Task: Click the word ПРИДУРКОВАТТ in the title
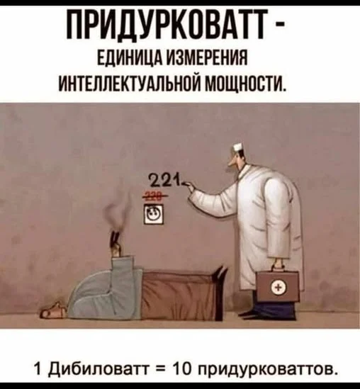[x=168, y=24]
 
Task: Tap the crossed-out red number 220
[x=154, y=196]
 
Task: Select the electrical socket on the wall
[x=154, y=213]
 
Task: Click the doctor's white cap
[x=239, y=148]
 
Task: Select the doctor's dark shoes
[x=270, y=310]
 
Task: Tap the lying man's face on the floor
[x=53, y=310]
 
